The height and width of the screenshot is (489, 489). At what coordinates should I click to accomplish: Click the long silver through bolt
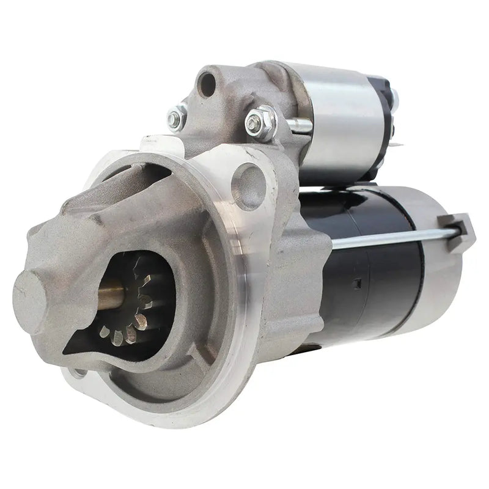[391, 238]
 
